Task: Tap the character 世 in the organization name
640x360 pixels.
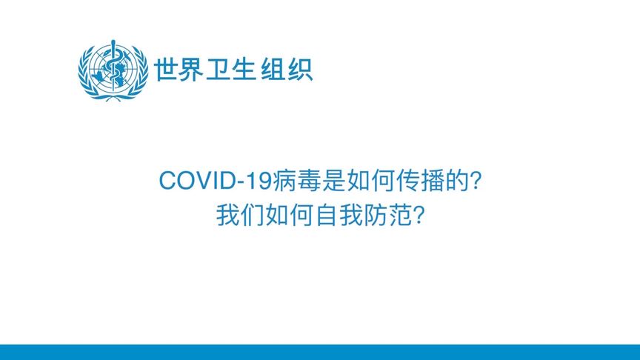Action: click(166, 69)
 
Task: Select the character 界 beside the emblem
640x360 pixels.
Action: click(192, 69)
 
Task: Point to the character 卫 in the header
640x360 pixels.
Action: click(218, 69)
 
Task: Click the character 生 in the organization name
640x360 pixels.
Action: click(243, 69)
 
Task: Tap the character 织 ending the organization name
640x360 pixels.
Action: click(299, 69)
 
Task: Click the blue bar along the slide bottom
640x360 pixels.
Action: click(320, 352)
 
